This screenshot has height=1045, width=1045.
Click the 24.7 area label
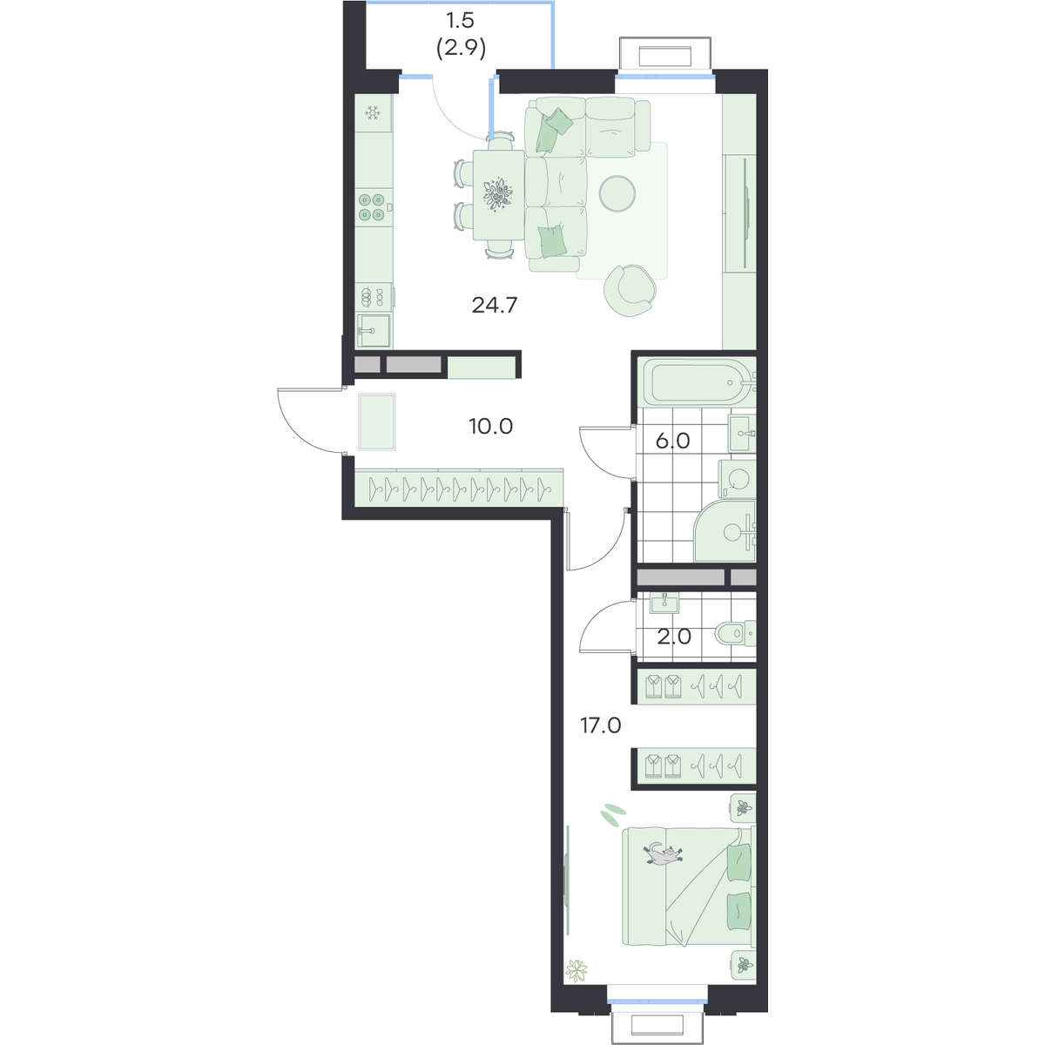[x=495, y=306]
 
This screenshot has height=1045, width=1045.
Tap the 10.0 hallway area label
[x=491, y=427]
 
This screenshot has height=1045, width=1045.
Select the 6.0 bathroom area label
[x=672, y=442]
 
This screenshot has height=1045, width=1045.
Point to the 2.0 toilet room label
[x=674, y=637]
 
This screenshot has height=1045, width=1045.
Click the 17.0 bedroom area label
[x=600, y=725]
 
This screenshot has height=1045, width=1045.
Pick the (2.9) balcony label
[x=461, y=50]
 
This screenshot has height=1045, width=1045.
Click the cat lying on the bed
[x=663, y=856]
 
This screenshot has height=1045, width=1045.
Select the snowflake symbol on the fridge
[x=372, y=113]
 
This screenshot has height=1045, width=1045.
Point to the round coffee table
[x=617, y=193]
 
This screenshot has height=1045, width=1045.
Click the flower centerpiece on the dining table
[x=498, y=193]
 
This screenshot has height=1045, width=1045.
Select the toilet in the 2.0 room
[x=735, y=633]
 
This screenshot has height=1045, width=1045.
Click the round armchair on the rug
[x=630, y=289]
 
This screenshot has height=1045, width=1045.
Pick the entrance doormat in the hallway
[x=377, y=421]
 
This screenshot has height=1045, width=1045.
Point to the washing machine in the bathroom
[x=737, y=479]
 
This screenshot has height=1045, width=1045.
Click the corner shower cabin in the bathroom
[x=725, y=531]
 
